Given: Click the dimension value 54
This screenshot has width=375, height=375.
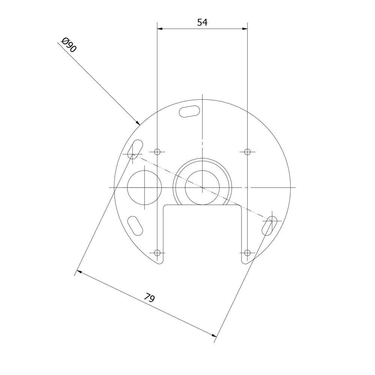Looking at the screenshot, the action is coord(202,22).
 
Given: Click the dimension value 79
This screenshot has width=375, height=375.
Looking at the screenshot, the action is coord(150,298).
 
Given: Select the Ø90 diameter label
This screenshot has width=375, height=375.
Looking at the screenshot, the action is coord(69,45).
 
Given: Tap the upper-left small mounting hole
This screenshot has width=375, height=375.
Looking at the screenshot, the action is coord(157,151).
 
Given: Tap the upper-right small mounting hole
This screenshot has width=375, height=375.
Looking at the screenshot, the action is coord(247,151).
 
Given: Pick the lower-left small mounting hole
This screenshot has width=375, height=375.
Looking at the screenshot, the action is coord(157,252).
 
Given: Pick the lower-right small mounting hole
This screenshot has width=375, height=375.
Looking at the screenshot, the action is coord(247,252).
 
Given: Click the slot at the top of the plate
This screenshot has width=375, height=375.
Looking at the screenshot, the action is coord(189,111).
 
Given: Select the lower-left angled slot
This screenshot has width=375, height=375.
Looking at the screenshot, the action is coord(135,226).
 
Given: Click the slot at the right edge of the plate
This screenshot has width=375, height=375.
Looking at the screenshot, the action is coord(270,225).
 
